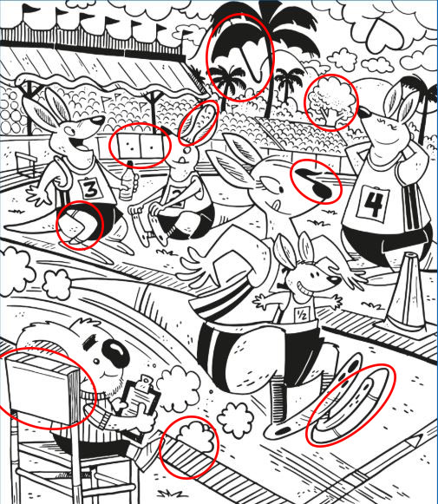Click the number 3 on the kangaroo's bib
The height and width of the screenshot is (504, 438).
(x=91, y=189)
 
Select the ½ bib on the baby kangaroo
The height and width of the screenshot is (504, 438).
(x=302, y=313)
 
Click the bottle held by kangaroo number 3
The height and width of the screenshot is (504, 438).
(x=127, y=181)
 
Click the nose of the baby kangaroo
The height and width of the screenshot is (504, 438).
(x=335, y=279)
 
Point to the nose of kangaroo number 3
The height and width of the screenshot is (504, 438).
(x=97, y=121)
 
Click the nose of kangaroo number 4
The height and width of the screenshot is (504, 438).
(x=364, y=113)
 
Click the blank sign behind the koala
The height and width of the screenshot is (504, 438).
(x=42, y=387)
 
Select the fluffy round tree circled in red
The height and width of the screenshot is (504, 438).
(x=331, y=101)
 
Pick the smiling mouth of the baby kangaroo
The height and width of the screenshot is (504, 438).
(x=303, y=287)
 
